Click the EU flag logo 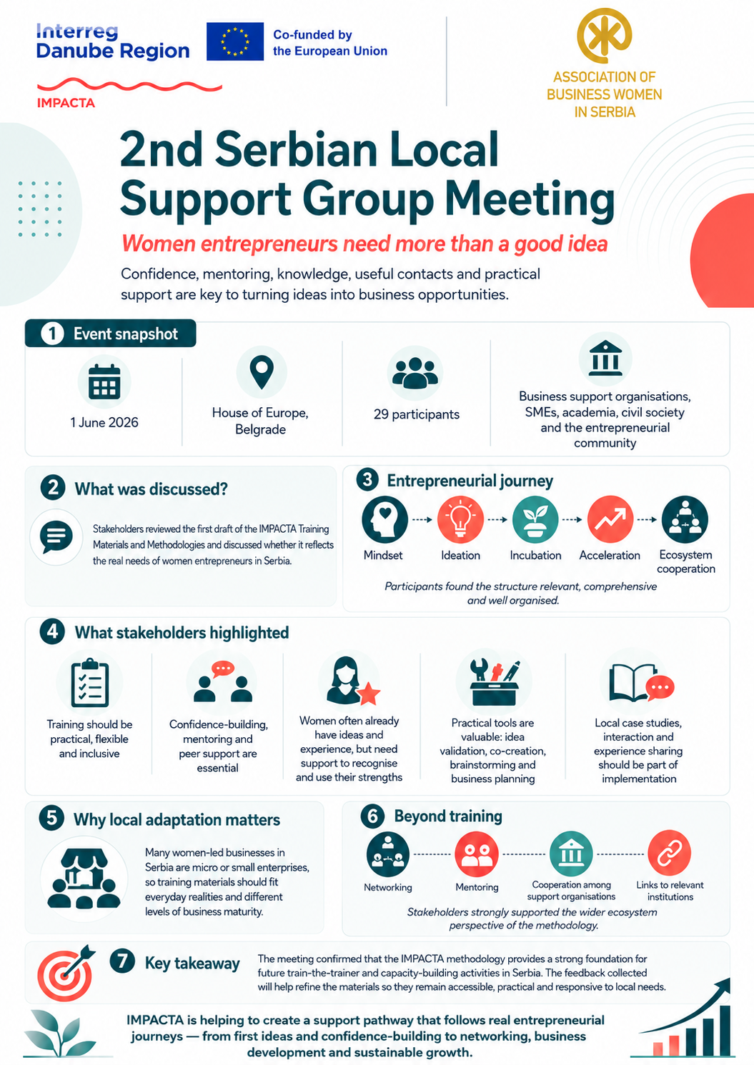coord(235,41)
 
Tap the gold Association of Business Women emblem coord(604,35)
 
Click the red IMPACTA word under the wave coord(66,103)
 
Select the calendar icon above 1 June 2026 coord(104,381)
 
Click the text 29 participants coord(416,414)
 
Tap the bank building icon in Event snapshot coord(605,358)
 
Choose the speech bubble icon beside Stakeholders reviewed coord(56,536)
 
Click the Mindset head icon coord(385,519)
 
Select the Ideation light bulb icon coord(460,519)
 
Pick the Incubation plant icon coord(535,519)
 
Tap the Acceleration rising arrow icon coord(610,519)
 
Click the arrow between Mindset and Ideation coord(422,520)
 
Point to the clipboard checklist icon coord(90,683)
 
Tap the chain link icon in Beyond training coord(670,854)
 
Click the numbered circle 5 coord(52,819)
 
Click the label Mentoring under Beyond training coord(477,887)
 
